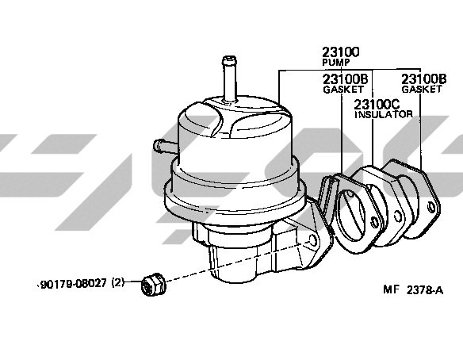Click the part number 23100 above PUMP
tap(340, 52)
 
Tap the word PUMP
tap(335, 63)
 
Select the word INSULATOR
tap(383, 114)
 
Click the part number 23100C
tap(377, 104)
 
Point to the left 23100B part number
tap(345, 79)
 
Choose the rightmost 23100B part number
tap(423, 79)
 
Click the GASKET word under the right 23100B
tap(422, 89)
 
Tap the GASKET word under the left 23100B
tap(343, 89)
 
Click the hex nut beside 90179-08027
tap(154, 284)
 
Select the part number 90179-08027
tap(73, 284)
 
